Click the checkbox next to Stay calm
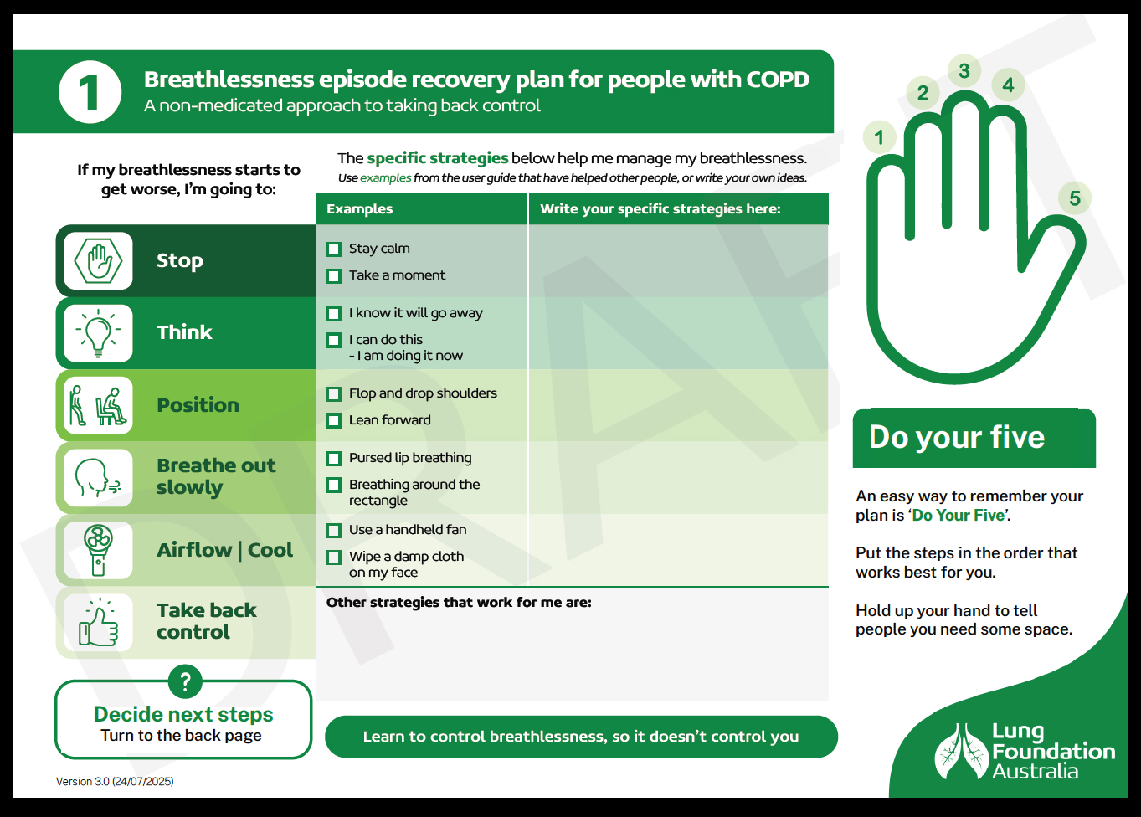(334, 249)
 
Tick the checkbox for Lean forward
(334, 421)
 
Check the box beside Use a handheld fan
(334, 531)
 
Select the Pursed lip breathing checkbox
(334, 459)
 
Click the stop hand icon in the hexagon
(99, 261)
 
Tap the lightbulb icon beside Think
(99, 333)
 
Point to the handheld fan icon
(99, 550)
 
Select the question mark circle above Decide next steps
(185, 681)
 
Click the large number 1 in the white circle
(90, 92)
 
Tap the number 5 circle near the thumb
(1075, 198)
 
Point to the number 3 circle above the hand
(964, 71)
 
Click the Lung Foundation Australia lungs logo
(961, 752)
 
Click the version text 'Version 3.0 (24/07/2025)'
(115, 782)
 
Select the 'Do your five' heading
(957, 438)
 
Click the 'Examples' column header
(360, 209)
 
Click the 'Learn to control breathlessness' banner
(581, 737)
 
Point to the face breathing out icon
(99, 478)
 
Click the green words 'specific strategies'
(438, 158)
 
